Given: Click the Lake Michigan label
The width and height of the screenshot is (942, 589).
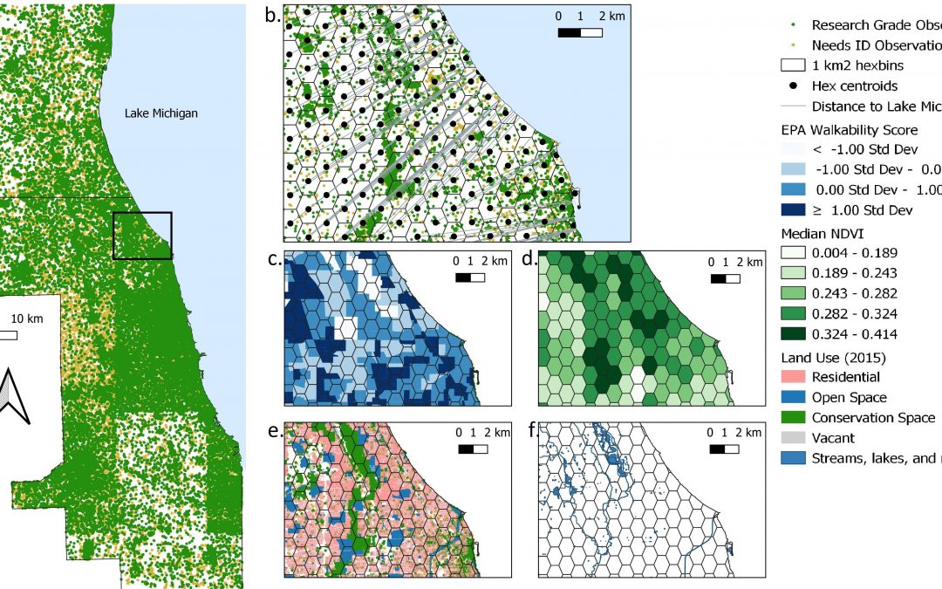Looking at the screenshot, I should (x=160, y=113).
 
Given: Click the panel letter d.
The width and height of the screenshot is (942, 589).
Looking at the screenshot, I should (x=528, y=260).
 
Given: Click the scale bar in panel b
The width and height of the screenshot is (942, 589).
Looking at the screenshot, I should (x=580, y=33).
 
